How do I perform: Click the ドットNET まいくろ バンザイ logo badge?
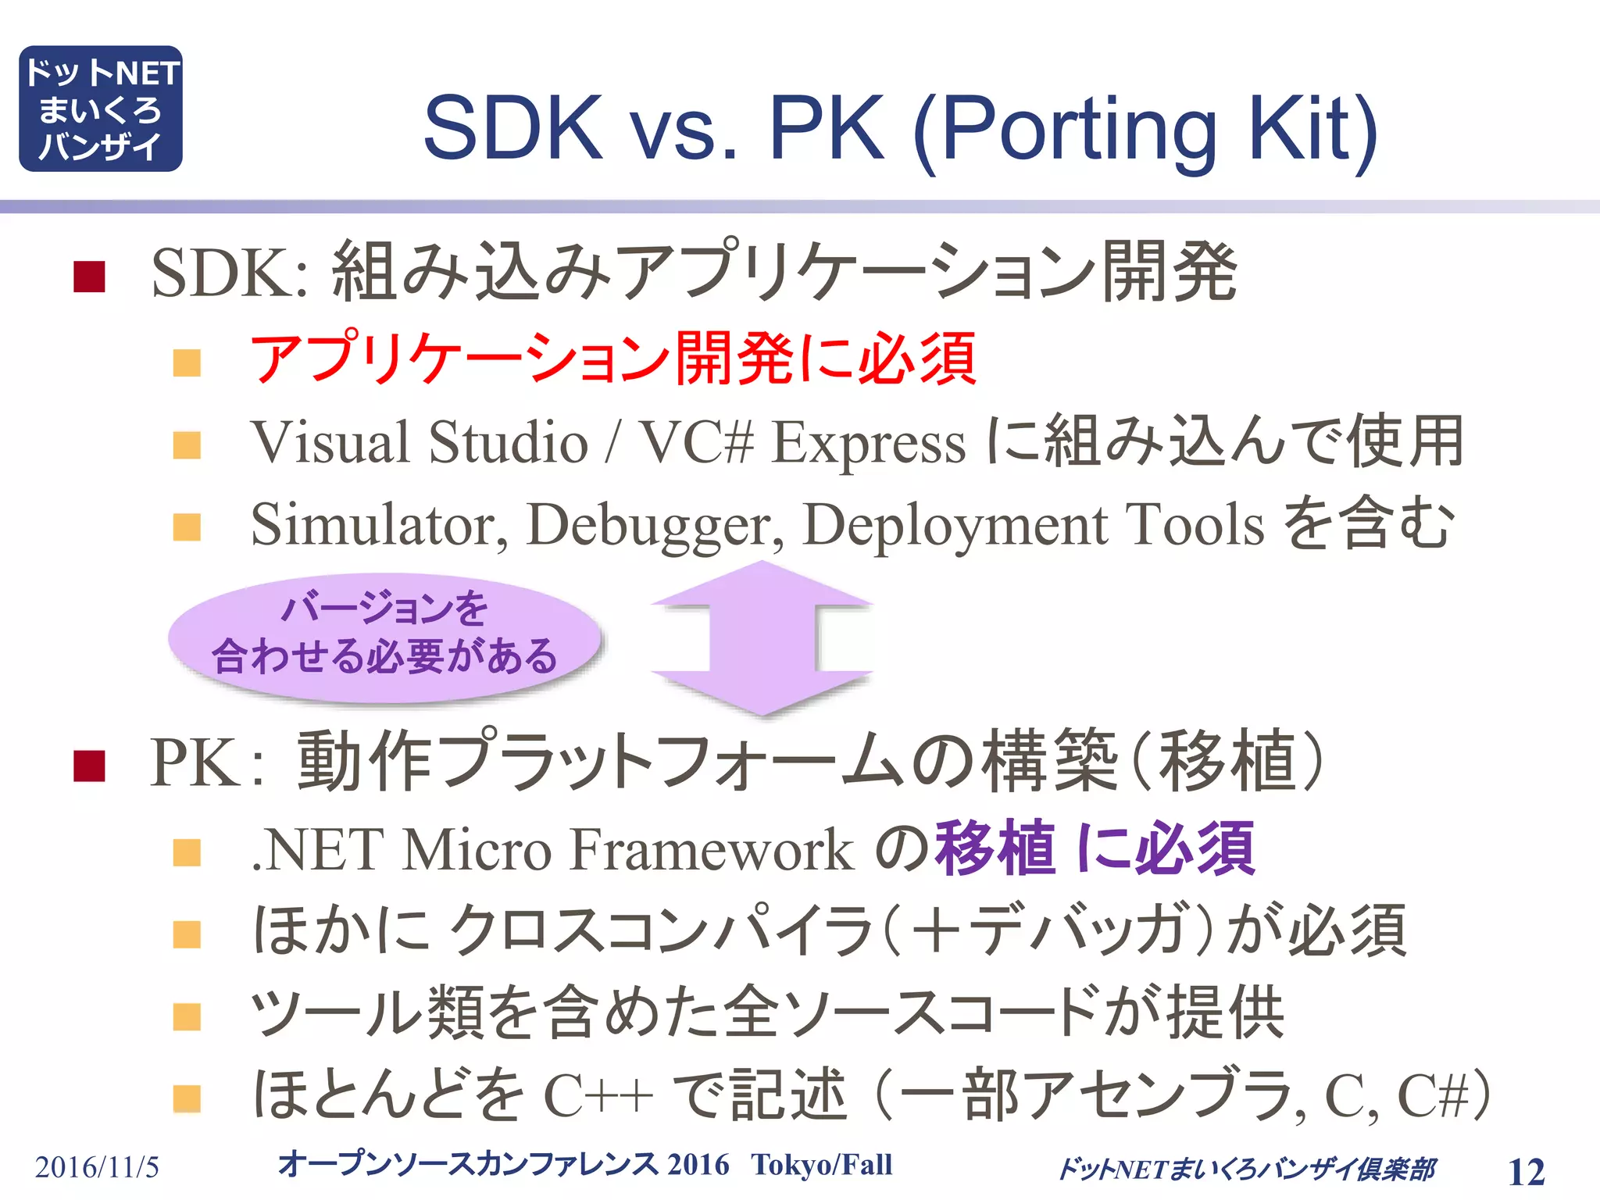click(x=101, y=109)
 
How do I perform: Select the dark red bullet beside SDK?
click(x=89, y=277)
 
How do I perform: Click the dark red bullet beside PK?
click(x=89, y=766)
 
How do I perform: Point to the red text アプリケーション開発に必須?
click(x=613, y=359)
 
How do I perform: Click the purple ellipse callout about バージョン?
click(x=384, y=636)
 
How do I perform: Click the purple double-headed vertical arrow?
click(x=762, y=637)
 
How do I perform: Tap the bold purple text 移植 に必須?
click(x=1095, y=848)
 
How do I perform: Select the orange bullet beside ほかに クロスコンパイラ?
click(x=187, y=934)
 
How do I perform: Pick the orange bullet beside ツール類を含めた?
click(x=187, y=1017)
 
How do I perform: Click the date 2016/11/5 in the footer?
click(x=97, y=1167)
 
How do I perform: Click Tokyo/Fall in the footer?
click(x=821, y=1165)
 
